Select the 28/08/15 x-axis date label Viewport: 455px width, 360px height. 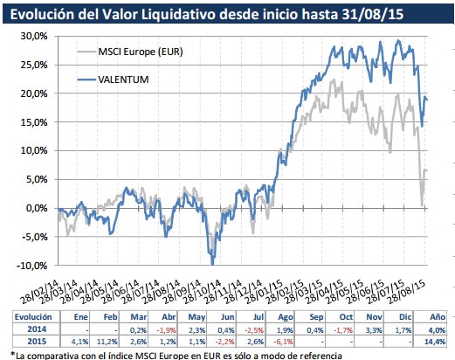click(x=406, y=287)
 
